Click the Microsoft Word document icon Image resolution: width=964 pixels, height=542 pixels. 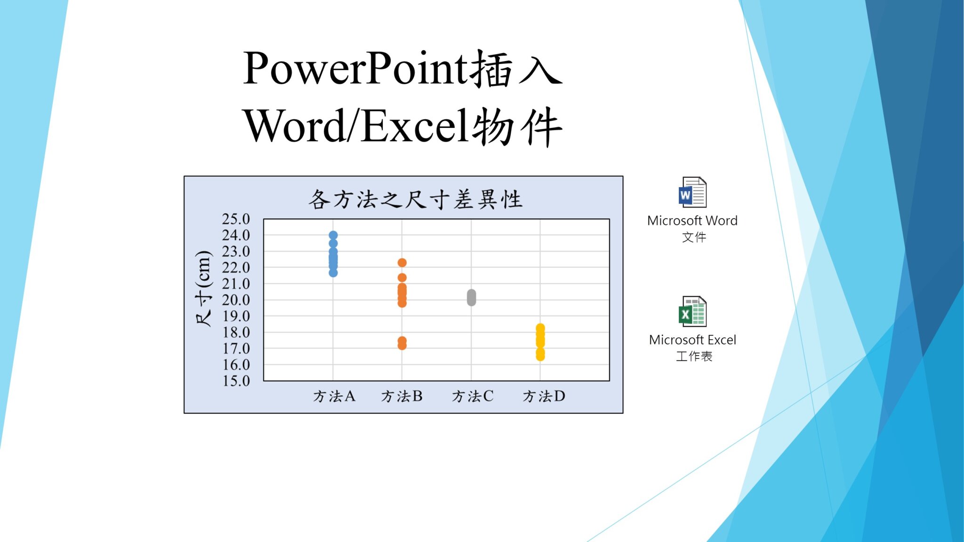[692, 192]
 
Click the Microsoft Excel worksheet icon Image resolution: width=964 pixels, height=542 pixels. [692, 311]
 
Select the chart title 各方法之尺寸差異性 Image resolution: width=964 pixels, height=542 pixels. [415, 199]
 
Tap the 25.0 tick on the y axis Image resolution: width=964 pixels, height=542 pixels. [236, 219]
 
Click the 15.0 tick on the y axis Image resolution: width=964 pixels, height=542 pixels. [236, 381]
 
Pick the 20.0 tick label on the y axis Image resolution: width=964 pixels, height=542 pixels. [236, 300]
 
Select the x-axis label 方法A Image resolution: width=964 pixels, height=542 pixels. [334, 396]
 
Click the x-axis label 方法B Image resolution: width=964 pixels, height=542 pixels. [402, 396]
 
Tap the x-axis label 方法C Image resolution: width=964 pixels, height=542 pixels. [473, 396]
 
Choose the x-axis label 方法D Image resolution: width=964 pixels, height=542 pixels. [544, 396]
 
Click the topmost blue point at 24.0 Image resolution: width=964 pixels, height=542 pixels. [333, 235]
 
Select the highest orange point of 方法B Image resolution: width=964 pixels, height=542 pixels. [402, 263]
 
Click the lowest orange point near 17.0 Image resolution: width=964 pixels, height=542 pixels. [402, 346]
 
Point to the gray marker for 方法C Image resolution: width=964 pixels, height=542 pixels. [471, 297]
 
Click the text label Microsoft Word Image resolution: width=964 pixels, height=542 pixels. [692, 221]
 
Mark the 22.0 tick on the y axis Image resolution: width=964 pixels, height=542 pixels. [236, 268]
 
